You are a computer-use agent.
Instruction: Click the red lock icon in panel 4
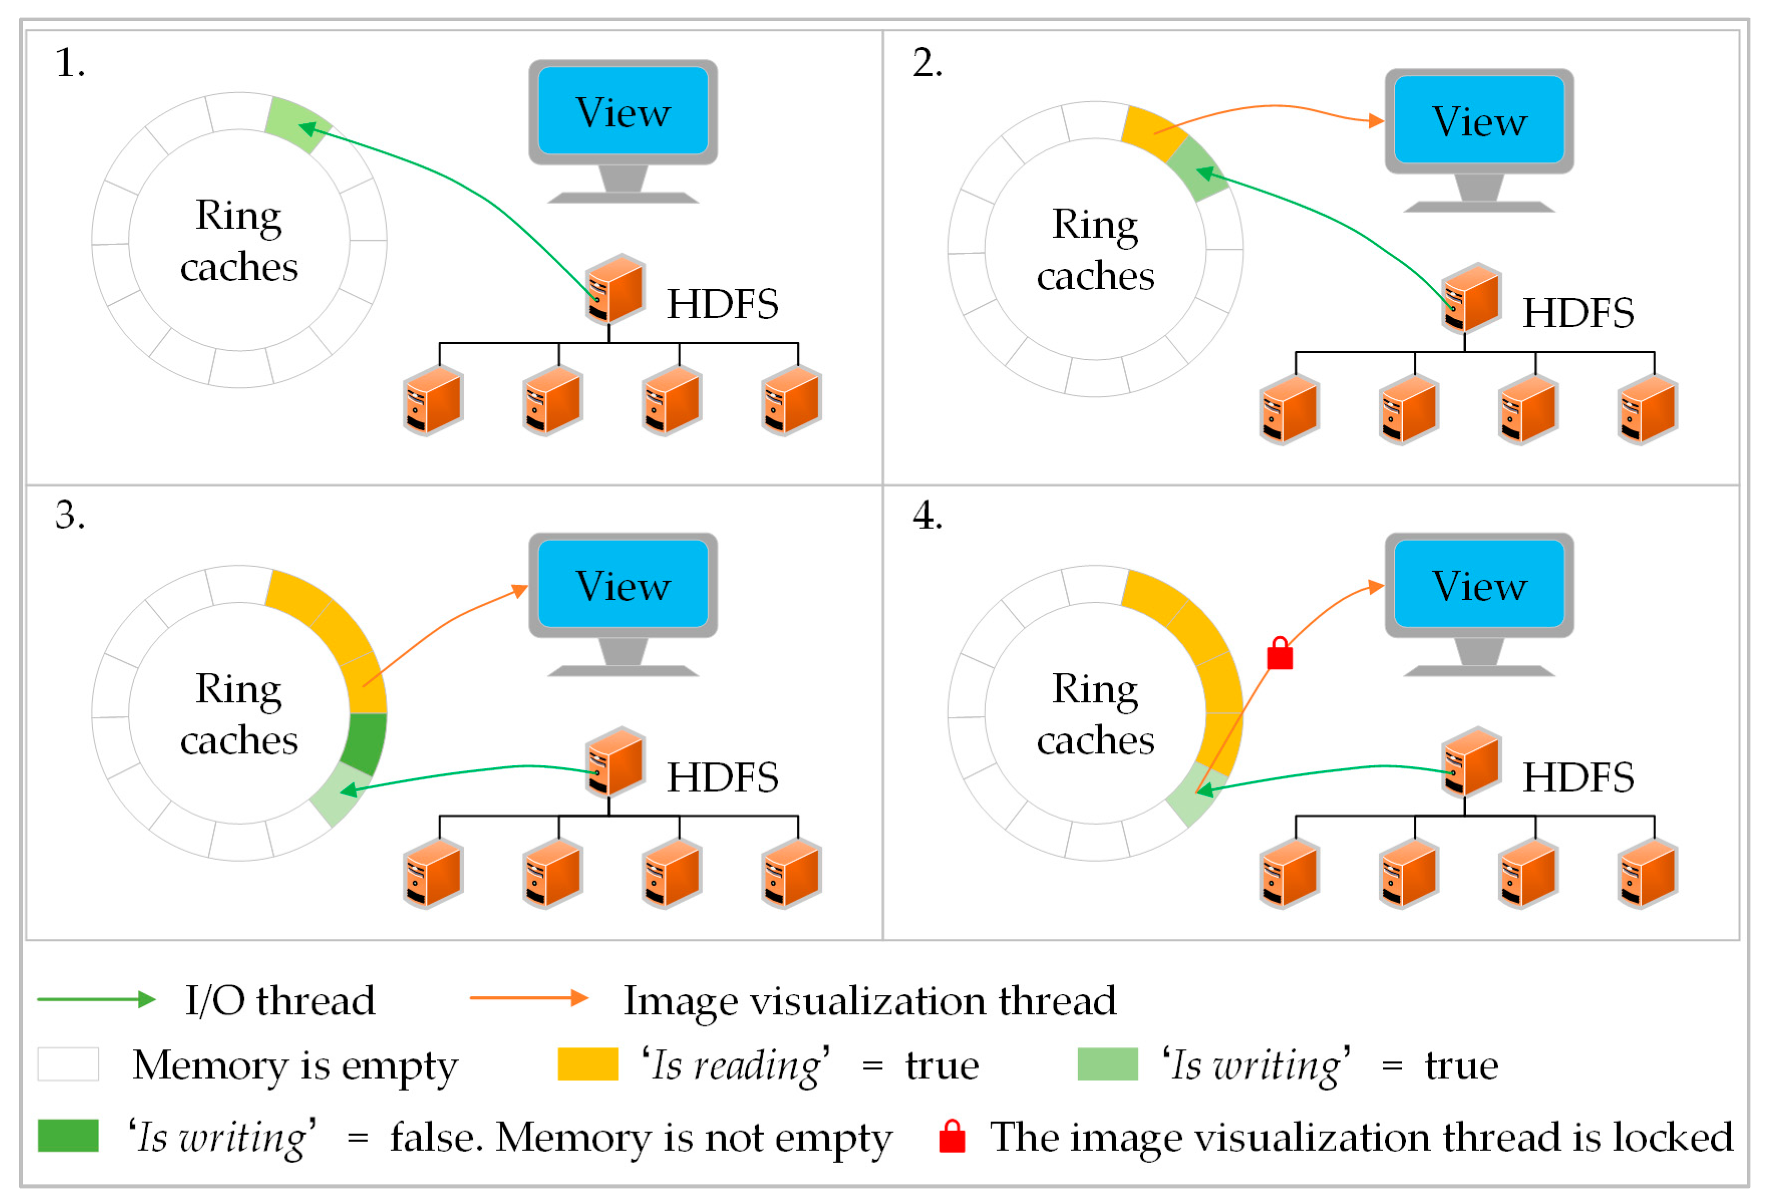1280,654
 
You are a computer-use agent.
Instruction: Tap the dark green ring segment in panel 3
365,743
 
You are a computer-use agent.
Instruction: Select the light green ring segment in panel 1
297,124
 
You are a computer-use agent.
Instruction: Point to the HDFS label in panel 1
723,304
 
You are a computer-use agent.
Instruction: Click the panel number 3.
69,515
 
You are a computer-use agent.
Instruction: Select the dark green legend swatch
68,1135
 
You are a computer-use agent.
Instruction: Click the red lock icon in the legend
952,1136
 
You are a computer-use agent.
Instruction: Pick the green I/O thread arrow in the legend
96,999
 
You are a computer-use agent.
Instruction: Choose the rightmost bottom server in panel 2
1647,410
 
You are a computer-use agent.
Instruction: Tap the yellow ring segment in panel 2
1152,133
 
